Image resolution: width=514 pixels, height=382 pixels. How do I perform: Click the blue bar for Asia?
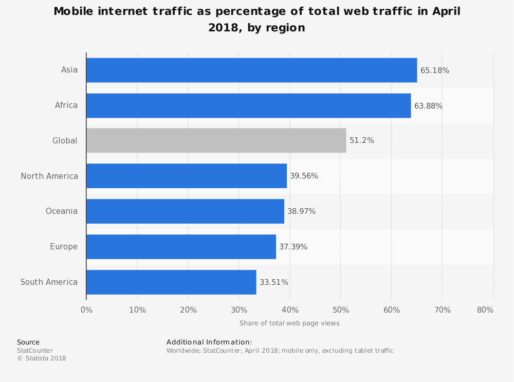pyautogui.click(x=251, y=70)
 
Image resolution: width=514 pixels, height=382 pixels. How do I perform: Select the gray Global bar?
pyautogui.click(x=216, y=140)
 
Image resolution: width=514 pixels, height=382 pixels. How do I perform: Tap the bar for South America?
pyautogui.click(x=171, y=282)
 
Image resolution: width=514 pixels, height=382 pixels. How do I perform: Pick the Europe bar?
pyautogui.click(x=181, y=247)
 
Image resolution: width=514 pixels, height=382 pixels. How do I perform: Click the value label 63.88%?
pyautogui.click(x=428, y=106)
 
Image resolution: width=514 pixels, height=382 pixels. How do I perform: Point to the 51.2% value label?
pyautogui.click(x=362, y=140)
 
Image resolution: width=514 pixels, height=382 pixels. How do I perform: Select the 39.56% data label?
pyautogui.click(x=304, y=176)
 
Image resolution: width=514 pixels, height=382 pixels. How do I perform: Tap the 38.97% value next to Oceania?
pyautogui.click(x=301, y=211)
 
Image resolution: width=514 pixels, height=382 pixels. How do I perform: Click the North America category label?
pyautogui.click(x=49, y=176)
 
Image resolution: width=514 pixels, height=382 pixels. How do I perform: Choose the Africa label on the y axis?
pyautogui.click(x=66, y=105)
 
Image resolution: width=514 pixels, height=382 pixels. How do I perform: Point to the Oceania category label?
pyautogui.click(x=62, y=211)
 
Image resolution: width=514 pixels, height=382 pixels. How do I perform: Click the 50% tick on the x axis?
pyautogui.click(x=341, y=310)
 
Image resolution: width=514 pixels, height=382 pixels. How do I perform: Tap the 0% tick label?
pyautogui.click(x=86, y=310)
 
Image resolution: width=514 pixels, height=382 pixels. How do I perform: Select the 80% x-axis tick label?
pyautogui.click(x=485, y=310)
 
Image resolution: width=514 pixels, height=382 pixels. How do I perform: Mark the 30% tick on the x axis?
pyautogui.click(x=239, y=310)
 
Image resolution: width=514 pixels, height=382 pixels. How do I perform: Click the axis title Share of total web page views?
pyautogui.click(x=289, y=323)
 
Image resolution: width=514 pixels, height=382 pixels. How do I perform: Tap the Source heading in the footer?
pyautogui.click(x=28, y=342)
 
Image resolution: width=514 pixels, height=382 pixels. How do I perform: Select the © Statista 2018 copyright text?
pyautogui.click(x=42, y=358)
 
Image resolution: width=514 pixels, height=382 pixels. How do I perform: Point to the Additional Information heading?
pyautogui.click(x=209, y=342)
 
